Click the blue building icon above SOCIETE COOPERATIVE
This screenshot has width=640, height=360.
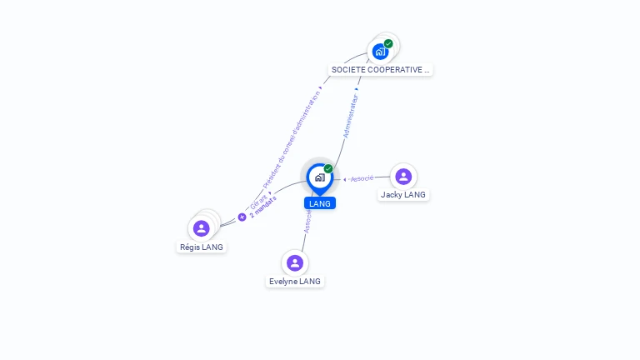[380, 52]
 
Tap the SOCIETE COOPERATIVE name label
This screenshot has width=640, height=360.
[381, 70]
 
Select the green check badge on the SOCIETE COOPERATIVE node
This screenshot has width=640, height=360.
[388, 43]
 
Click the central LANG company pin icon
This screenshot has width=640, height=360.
[319, 177]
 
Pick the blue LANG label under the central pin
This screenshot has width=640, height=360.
[319, 203]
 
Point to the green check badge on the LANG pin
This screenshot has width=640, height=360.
[328, 169]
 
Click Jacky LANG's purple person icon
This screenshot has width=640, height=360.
[403, 176]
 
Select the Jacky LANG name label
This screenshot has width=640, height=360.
[403, 195]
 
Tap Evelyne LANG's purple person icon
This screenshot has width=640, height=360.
[294, 262]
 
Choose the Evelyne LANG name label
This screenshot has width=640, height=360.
[295, 282]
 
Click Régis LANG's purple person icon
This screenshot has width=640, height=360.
[201, 228]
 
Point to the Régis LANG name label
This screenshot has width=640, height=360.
[202, 247]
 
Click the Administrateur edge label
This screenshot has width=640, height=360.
[351, 116]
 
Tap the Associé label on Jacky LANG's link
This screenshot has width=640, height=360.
[362, 178]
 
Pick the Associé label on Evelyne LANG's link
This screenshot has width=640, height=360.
[307, 221]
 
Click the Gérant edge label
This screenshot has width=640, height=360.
[258, 201]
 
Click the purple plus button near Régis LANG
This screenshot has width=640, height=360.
[242, 217]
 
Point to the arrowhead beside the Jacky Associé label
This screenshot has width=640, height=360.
[345, 179]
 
